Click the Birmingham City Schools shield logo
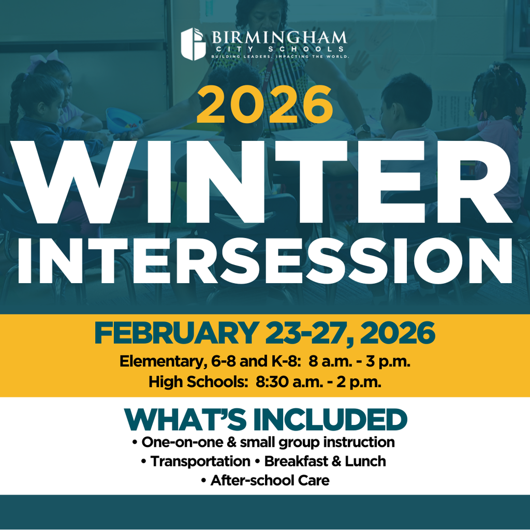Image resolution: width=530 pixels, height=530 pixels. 194,43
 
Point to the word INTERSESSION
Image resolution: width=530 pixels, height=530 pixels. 264,260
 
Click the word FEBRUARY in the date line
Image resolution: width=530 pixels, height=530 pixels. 175,334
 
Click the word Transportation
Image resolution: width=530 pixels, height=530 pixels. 200,461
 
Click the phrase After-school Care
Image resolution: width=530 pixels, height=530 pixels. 270,480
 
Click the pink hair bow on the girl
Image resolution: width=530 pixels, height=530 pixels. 39,61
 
